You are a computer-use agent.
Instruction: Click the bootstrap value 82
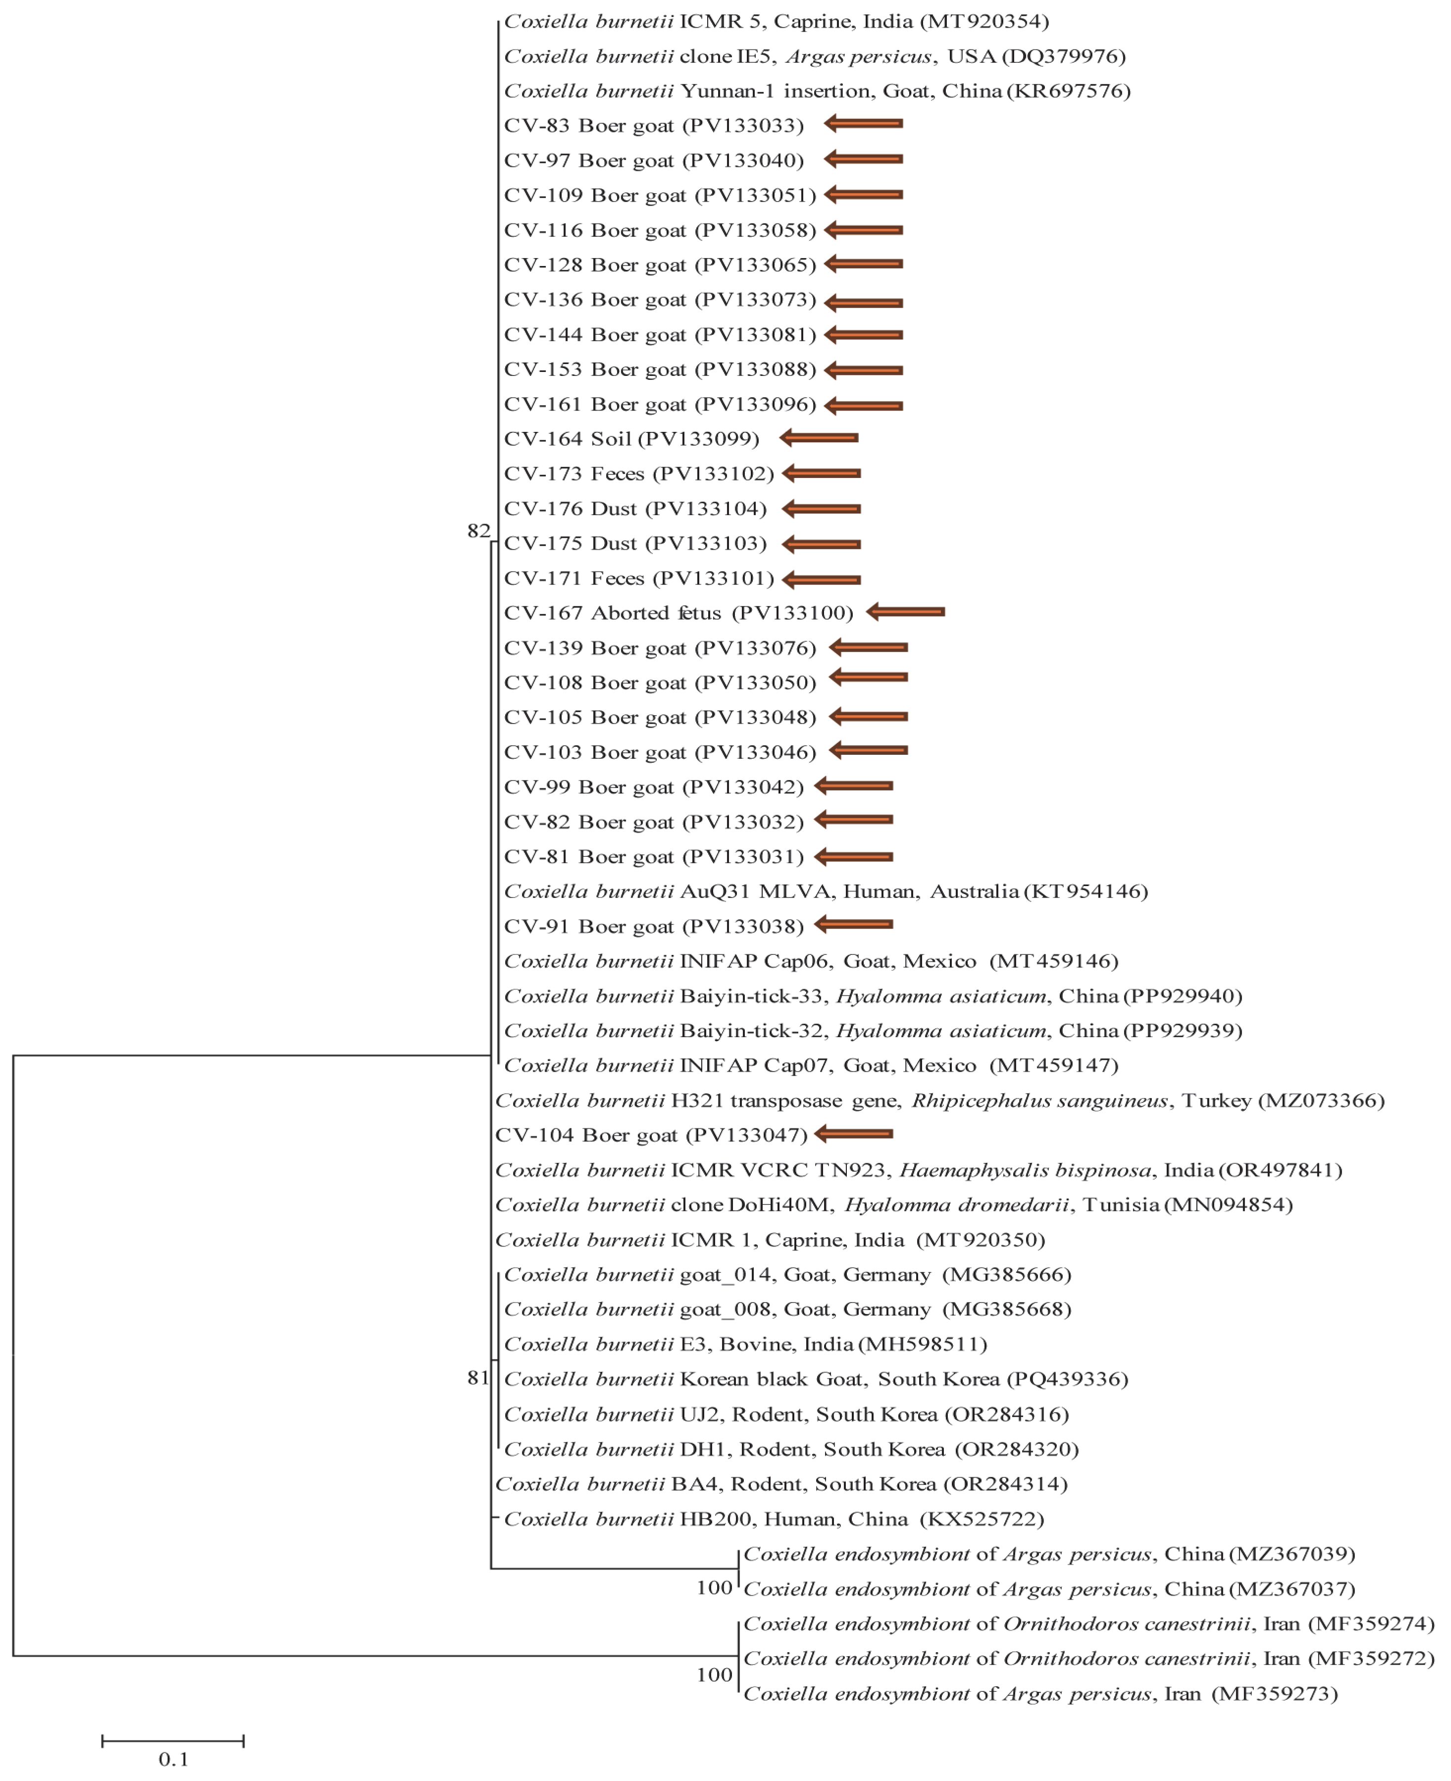pyautogui.click(x=478, y=531)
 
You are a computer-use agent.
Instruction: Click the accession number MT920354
pyautogui.click(x=984, y=21)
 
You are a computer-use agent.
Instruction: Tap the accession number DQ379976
pyautogui.click(x=1063, y=56)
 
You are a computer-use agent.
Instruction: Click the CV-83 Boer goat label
pyautogui.click(x=588, y=125)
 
